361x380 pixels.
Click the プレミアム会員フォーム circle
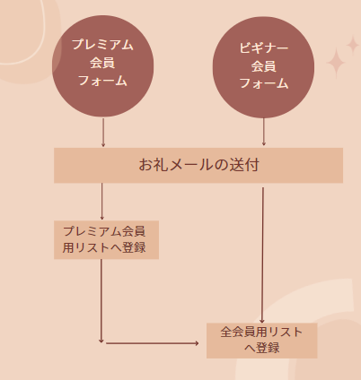click(x=103, y=66)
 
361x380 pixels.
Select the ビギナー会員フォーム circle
click(x=263, y=67)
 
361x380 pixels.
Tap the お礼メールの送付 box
click(x=198, y=165)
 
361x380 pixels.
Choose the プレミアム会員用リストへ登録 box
click(x=106, y=240)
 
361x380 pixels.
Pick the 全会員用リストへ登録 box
click(x=262, y=341)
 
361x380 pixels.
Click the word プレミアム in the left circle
click(x=102, y=45)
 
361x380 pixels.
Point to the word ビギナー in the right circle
click(x=264, y=47)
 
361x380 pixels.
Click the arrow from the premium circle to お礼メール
click(x=103, y=133)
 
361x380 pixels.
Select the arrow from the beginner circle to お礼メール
click(x=264, y=132)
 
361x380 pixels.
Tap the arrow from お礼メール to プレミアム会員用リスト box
click(x=101, y=202)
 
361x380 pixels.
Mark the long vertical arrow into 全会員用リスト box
click(x=262, y=255)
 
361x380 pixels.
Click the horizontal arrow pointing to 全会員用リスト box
click(x=153, y=343)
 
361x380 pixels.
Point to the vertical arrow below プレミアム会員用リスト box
click(x=101, y=301)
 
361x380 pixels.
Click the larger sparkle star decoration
click(x=336, y=64)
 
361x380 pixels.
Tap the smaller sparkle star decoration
click(x=353, y=46)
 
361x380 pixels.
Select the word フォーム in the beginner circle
click(x=264, y=83)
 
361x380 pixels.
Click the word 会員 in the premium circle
click(x=102, y=63)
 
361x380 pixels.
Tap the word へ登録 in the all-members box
click(x=262, y=348)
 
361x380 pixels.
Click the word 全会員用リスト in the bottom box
click(x=261, y=332)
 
